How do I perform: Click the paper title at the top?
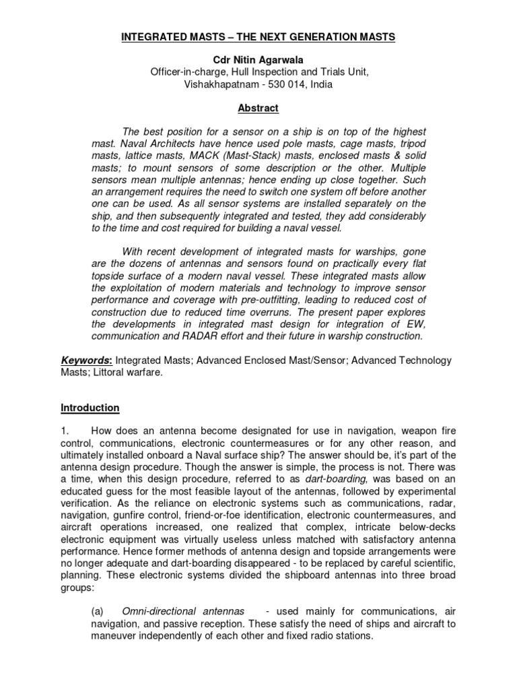258,37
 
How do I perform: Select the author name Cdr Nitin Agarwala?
258,61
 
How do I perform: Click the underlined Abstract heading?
258,108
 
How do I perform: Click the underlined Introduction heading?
90,408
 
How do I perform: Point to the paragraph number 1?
65,432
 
